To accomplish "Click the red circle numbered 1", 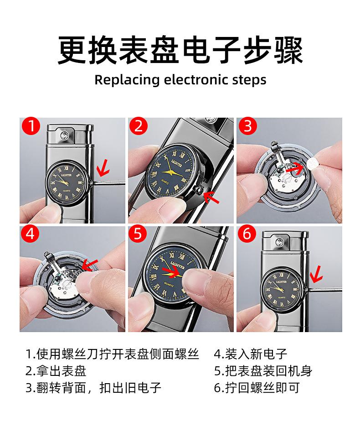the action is click(31, 126).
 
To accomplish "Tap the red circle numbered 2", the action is click(139, 126).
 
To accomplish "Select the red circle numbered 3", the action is click(247, 126).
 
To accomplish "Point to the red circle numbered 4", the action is click(30, 234).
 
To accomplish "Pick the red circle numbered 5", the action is click(138, 234).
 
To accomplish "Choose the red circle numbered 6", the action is click(247, 234).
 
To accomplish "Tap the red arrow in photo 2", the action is click(211, 197).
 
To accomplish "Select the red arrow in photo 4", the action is click(90, 265).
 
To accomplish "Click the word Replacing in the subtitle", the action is click(127, 80).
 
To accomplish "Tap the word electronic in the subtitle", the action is click(196, 80).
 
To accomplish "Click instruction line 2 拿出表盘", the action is click(56, 371).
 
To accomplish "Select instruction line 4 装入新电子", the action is click(251, 354).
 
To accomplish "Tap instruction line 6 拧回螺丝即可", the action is click(257, 388).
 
